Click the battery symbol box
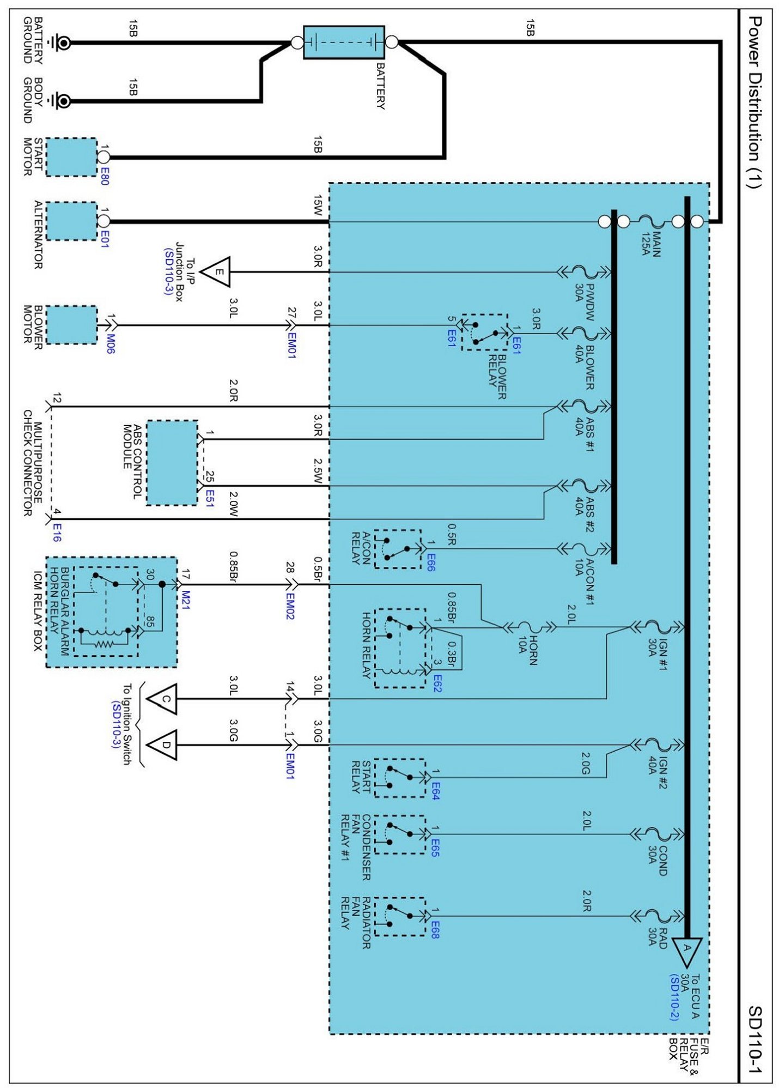[x=344, y=42]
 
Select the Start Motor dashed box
[x=71, y=157]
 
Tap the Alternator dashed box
[x=71, y=221]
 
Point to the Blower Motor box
[x=71, y=325]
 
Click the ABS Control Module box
[x=172, y=463]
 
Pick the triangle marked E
[x=217, y=272]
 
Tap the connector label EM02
[x=290, y=606]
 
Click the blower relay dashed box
[x=485, y=332]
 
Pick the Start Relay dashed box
[x=400, y=778]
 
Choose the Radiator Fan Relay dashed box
[x=400, y=916]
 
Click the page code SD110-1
[x=754, y=1040]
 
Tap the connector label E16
[x=57, y=533]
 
